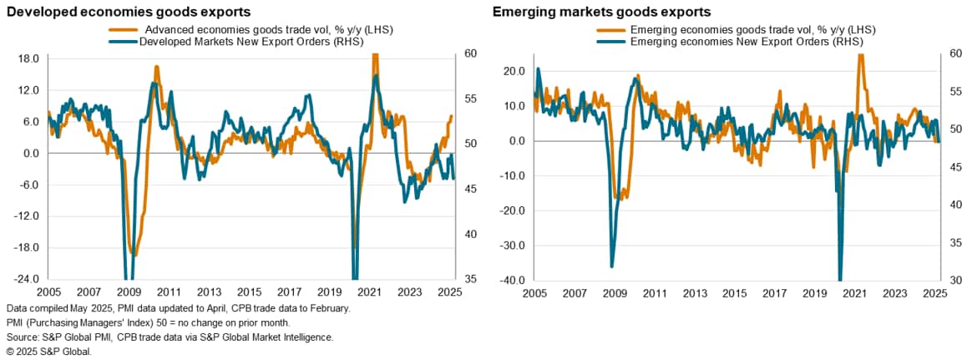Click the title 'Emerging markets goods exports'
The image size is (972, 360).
(601, 13)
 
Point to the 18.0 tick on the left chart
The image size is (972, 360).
(30, 59)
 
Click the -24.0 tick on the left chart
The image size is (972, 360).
(28, 279)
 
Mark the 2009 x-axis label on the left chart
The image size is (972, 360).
(129, 293)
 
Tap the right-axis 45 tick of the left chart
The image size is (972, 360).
(470, 190)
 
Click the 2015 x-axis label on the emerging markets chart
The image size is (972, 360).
(734, 294)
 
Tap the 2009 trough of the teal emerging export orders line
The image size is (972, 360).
(612, 266)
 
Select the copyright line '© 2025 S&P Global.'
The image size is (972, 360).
(48, 351)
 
